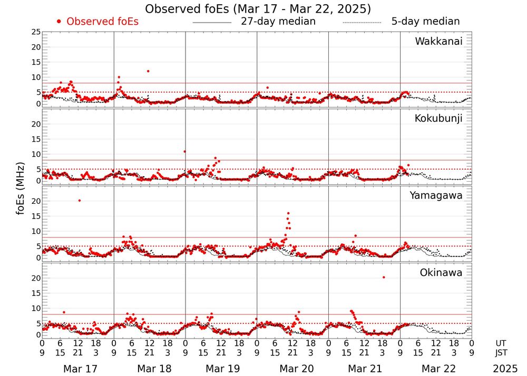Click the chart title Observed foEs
pyautogui.click(x=258, y=9)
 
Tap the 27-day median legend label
pyautogui.click(x=278, y=22)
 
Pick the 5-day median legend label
pyautogui.click(x=425, y=22)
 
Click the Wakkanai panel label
pyautogui.click(x=438, y=42)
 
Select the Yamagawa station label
pyautogui.click(x=436, y=195)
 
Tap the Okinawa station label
pyautogui.click(x=441, y=273)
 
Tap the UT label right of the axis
pyautogui.click(x=505, y=343)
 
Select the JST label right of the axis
pyautogui.click(x=505, y=352)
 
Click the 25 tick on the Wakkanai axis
pyautogui.click(x=35, y=32)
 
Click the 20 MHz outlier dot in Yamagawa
pyautogui.click(x=79, y=200)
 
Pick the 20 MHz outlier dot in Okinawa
pyautogui.click(x=384, y=277)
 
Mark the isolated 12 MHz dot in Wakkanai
pyautogui.click(x=148, y=71)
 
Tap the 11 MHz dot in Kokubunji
pyautogui.click(x=184, y=151)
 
